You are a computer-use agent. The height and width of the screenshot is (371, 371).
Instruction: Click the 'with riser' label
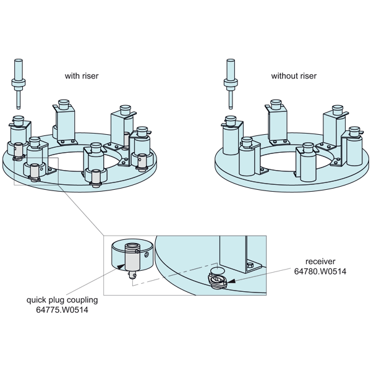coord(82,75)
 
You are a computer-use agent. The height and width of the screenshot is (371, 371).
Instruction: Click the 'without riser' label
coord(294,75)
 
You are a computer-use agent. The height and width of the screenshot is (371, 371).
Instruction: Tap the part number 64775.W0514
coord(62,310)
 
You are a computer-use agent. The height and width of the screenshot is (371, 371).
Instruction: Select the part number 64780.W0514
coord(320,271)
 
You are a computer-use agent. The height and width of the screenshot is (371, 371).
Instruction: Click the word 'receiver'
coord(320,262)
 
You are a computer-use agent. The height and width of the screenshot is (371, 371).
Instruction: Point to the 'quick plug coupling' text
coord(62,300)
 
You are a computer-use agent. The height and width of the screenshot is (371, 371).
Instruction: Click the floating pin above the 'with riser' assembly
coord(19,84)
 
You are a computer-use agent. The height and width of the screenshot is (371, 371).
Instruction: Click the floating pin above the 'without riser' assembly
coord(231,84)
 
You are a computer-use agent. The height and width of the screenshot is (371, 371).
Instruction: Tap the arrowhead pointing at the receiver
coord(232,281)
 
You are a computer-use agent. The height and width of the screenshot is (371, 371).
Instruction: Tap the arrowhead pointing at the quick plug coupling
coord(121,267)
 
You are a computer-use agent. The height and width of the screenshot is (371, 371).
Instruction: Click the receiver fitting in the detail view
coord(218,281)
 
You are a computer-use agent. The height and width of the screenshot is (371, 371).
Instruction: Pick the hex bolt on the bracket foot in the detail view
coord(249,265)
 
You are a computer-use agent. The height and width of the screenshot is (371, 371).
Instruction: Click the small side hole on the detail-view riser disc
coord(147,255)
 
